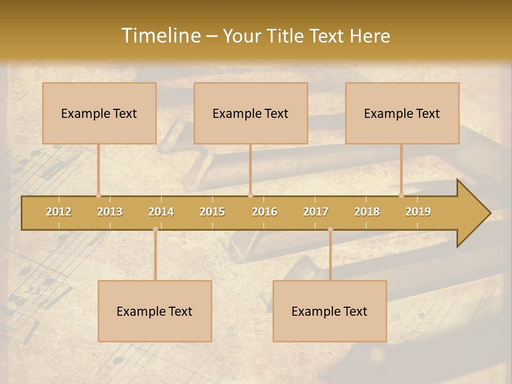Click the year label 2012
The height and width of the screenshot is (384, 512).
coord(59,212)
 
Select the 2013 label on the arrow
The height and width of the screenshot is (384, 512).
coord(110,212)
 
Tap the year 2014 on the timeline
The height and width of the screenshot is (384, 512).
coord(161,212)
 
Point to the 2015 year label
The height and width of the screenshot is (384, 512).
coord(212,212)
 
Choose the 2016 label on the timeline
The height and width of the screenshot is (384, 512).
coord(265,212)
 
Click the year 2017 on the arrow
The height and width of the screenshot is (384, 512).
coord(316,212)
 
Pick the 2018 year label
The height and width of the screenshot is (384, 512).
coord(367,212)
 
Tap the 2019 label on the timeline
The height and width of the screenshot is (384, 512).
coord(418,212)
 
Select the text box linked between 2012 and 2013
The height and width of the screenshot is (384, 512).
coord(99,113)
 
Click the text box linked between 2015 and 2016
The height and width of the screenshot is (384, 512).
coord(251,113)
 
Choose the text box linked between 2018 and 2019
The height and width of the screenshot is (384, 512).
coord(402,113)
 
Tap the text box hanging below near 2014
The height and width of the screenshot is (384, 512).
coord(155,311)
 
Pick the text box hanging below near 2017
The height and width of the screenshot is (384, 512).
coord(330,311)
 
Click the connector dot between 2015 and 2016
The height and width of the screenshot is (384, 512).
coord(251,195)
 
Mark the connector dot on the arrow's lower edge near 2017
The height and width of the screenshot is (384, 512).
coord(330,229)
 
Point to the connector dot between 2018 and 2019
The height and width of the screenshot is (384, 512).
coord(402,195)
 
